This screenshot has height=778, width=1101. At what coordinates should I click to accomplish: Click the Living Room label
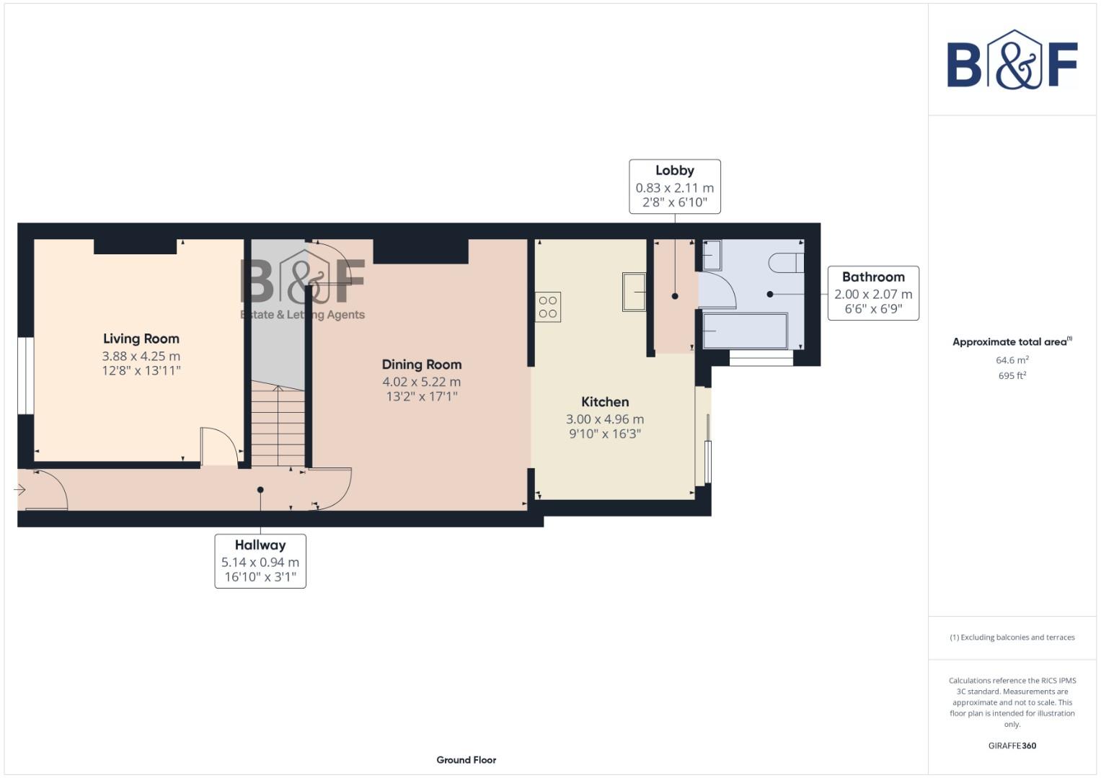(141, 339)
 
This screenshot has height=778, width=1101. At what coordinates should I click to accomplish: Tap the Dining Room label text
(422, 365)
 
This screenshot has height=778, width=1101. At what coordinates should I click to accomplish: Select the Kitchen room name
(605, 402)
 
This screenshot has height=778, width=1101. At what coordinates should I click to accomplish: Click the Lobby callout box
(674, 187)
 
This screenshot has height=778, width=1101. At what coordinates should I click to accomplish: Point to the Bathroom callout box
(872, 293)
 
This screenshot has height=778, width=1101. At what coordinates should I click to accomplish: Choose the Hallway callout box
(260, 561)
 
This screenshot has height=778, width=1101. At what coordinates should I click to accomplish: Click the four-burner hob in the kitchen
(548, 307)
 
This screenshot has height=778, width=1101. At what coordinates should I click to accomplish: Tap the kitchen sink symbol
(634, 292)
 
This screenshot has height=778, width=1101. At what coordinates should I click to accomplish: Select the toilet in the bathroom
(786, 262)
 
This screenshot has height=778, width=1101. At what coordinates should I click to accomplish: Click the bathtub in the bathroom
(745, 331)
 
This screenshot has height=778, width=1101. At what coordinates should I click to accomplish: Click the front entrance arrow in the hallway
(19, 490)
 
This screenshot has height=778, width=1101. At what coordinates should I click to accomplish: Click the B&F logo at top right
(1012, 61)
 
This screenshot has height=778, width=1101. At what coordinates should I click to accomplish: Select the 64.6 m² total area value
(1012, 360)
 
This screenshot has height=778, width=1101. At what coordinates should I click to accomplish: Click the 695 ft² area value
(1012, 376)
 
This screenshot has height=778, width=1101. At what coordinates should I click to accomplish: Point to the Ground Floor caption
(466, 760)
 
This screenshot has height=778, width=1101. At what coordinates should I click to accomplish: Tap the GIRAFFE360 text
(1012, 746)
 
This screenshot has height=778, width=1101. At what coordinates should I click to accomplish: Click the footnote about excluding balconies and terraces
(1012, 638)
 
